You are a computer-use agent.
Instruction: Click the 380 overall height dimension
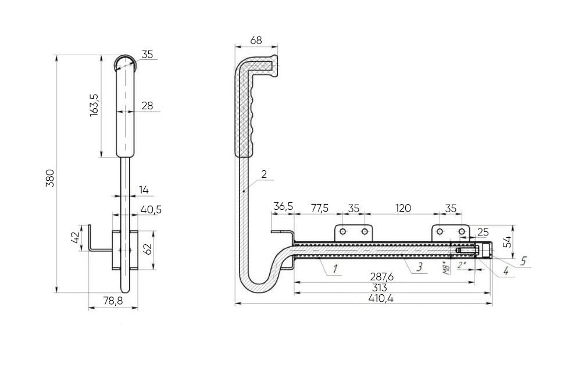click(50, 178)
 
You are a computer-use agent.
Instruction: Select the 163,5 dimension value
click(94, 105)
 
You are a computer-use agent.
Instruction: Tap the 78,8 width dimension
click(113, 301)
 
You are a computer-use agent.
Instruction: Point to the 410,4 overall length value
click(381, 298)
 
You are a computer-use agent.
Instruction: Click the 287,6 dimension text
click(381, 277)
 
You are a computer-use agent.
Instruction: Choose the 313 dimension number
click(380, 288)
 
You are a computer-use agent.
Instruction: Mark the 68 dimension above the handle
click(256, 40)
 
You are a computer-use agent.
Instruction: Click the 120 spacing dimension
click(403, 208)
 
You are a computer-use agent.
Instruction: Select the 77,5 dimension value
click(319, 208)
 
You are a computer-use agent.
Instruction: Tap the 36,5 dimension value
click(283, 207)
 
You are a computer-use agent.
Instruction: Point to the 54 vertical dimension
click(507, 242)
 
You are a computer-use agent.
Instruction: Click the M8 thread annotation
click(447, 268)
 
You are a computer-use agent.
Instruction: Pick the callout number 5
click(523, 261)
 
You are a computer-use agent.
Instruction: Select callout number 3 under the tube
click(419, 267)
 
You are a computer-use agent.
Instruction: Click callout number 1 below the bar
click(335, 269)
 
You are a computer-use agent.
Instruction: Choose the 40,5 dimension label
click(151, 210)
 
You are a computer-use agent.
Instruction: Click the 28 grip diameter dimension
click(147, 106)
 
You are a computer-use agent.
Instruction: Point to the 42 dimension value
click(75, 238)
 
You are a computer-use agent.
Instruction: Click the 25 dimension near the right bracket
click(483, 232)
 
